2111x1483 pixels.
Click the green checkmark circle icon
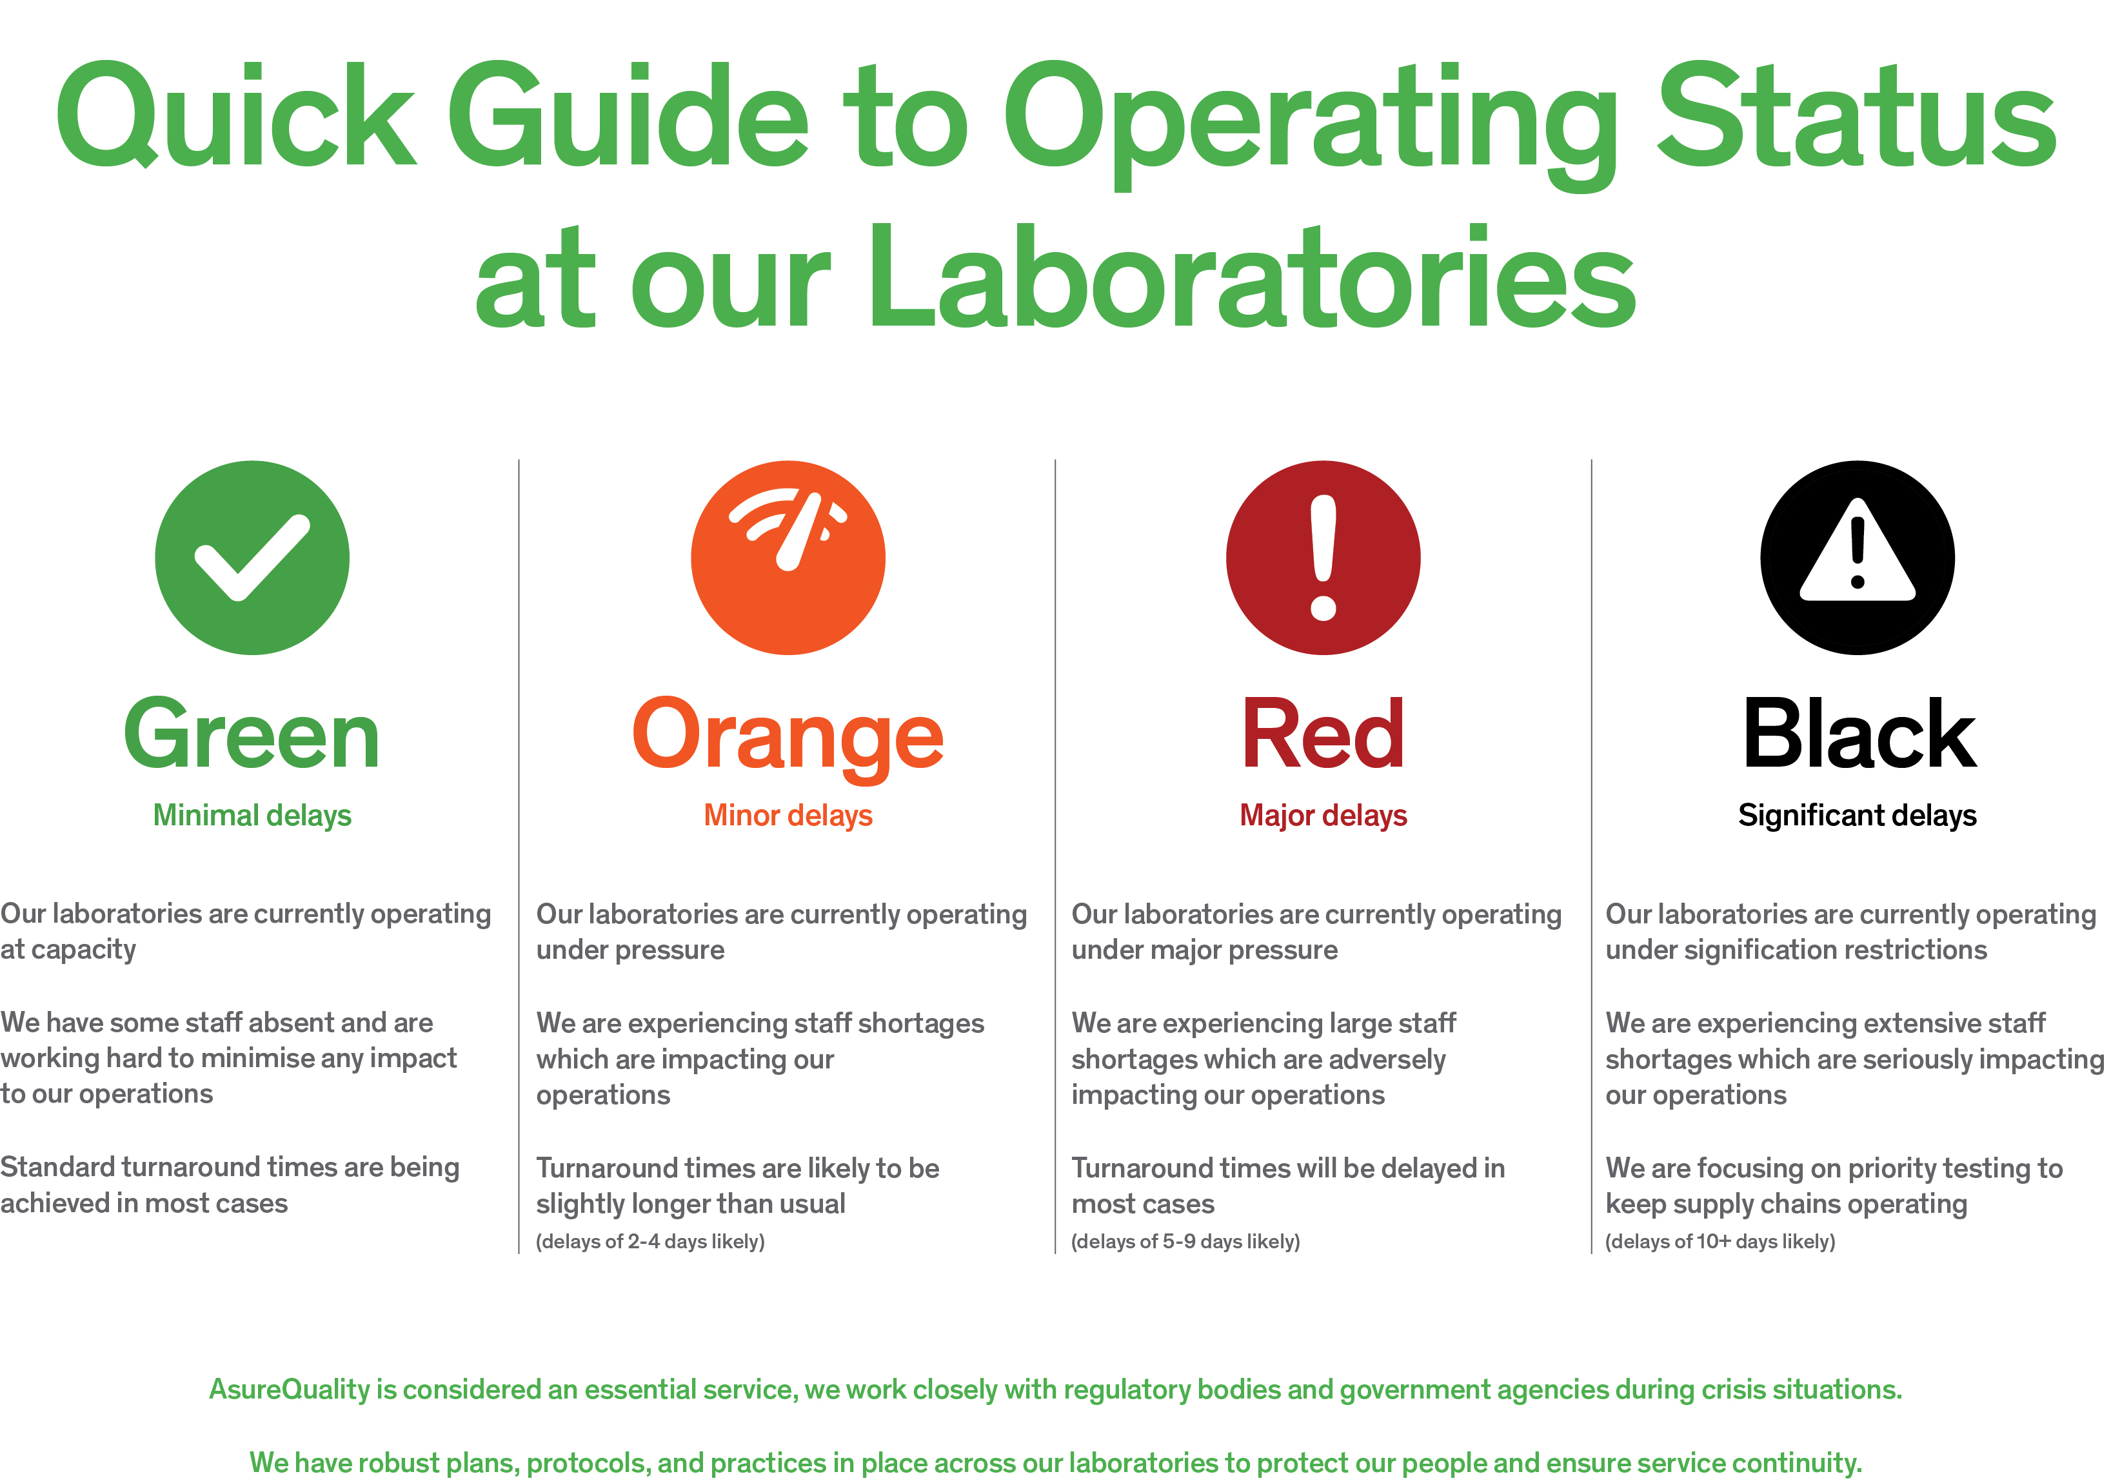[x=252, y=558]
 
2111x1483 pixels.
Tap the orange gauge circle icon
[x=788, y=558]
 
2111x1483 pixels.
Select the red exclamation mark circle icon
[x=1323, y=558]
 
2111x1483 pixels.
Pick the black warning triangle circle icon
[x=1858, y=558]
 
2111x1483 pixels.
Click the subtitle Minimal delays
[x=252, y=816]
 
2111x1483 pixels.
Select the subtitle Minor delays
[x=788, y=816]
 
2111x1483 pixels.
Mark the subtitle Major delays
[x=1323, y=816]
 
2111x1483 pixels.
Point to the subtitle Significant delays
[x=1858, y=816]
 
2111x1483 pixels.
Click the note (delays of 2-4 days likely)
[x=650, y=1242]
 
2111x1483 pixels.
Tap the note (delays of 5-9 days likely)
[x=1185, y=1242]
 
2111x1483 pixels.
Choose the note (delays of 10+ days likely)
[x=1720, y=1242]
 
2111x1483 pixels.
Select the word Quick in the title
[x=236, y=115]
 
